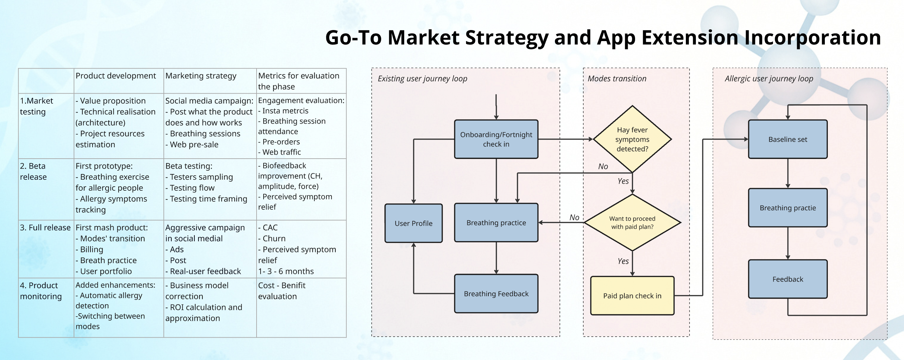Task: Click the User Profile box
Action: click(413, 223)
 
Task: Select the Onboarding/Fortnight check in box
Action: click(496, 139)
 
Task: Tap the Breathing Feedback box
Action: click(496, 294)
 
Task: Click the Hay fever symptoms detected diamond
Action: click(632, 139)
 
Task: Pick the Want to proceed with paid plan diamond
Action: click(632, 222)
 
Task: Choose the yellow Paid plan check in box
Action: click(632, 296)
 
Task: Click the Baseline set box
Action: click(787, 139)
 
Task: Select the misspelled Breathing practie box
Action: click(787, 208)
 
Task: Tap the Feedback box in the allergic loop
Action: click(787, 279)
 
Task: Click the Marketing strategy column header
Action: click(201, 76)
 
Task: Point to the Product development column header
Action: click(116, 76)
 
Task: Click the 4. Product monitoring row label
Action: click(41, 291)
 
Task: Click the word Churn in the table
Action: click(274, 238)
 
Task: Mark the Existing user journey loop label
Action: click(422, 78)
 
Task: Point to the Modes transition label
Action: click(617, 78)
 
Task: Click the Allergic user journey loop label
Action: click(769, 78)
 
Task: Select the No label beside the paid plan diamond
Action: click(574, 217)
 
